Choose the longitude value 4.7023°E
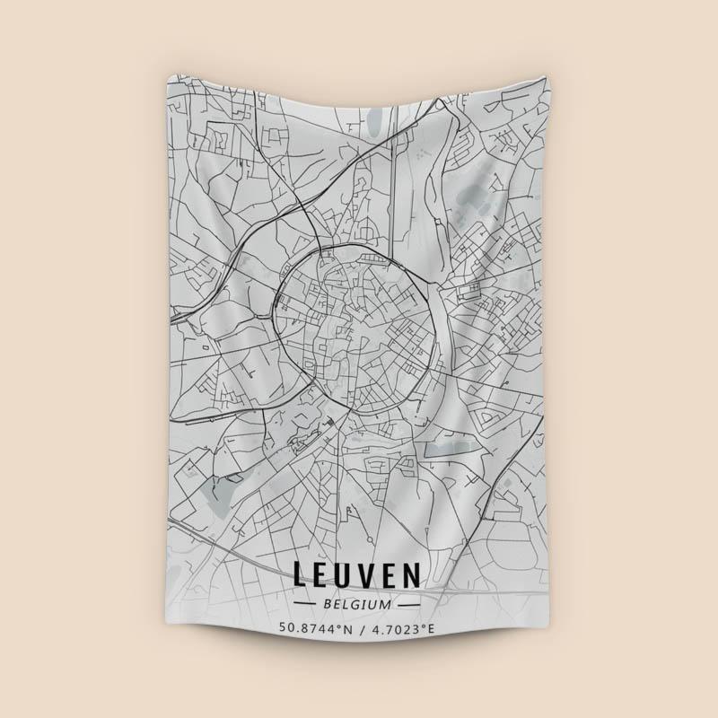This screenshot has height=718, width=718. coord(400,627)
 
